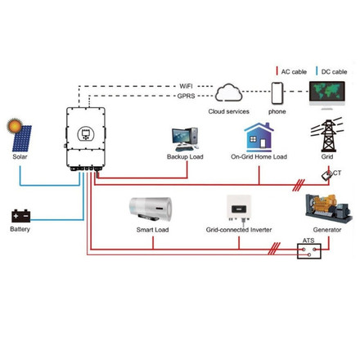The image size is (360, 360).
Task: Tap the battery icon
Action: (x=20, y=215)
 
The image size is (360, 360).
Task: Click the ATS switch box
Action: (x=308, y=252)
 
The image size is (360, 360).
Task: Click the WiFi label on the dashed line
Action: (x=187, y=85)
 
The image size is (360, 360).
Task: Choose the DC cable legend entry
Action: (x=331, y=71)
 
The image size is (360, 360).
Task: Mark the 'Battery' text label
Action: (x=20, y=230)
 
